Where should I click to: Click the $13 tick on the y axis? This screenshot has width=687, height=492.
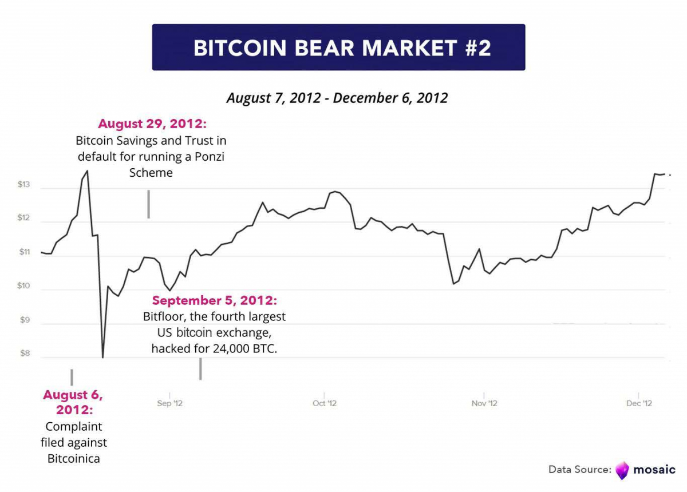[x=23, y=185]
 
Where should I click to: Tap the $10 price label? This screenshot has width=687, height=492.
[x=23, y=286]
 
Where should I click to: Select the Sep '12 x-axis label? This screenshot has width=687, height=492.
[x=169, y=403]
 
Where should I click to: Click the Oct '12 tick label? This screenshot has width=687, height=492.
[x=325, y=403]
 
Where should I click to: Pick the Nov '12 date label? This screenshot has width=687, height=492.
[x=484, y=403]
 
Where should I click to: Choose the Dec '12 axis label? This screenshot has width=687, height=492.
[x=639, y=403]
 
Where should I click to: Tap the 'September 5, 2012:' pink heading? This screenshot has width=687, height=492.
[x=214, y=301]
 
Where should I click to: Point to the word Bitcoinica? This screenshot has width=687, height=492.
[x=73, y=458]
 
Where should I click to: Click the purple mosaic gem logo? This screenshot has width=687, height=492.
[x=622, y=470]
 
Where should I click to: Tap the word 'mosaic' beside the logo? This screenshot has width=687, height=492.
[x=654, y=470]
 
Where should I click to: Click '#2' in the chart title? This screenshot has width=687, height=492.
[x=476, y=47]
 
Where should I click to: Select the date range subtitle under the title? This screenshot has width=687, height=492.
[x=337, y=97]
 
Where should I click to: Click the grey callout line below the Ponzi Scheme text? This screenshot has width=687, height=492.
[x=149, y=204]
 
